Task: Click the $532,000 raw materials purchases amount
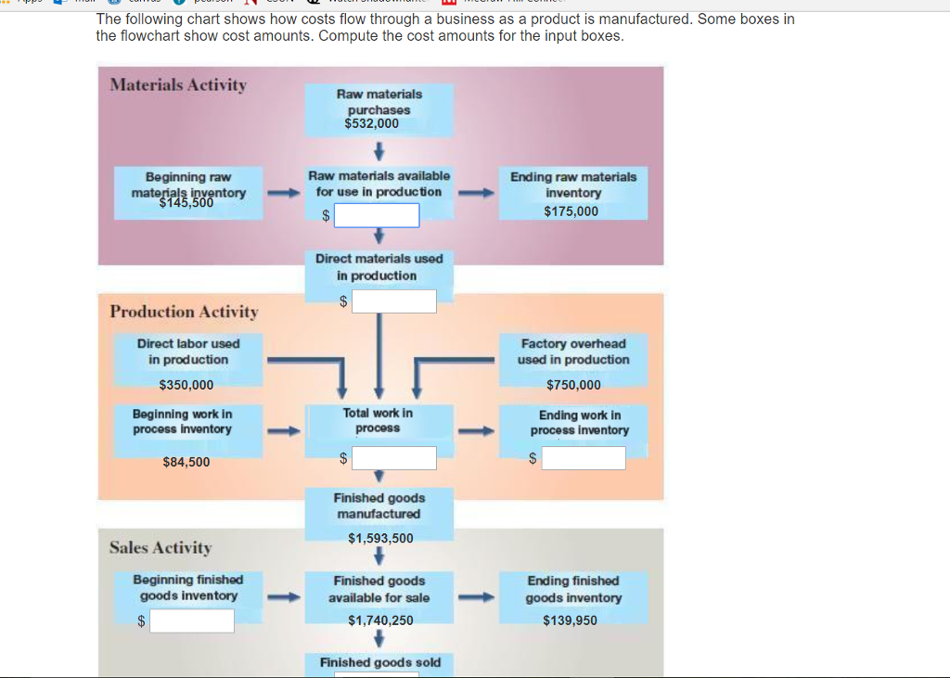(371, 123)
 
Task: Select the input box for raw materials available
(377, 215)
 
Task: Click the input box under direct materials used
(393, 301)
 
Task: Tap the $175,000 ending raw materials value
(571, 211)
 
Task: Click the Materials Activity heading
(178, 85)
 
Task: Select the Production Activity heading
(184, 312)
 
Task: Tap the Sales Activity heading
(160, 547)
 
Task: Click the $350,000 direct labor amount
(186, 385)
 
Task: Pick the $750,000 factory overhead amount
(573, 385)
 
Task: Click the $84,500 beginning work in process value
(186, 462)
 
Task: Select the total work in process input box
(393, 458)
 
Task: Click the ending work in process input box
(584, 458)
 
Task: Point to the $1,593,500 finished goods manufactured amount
(380, 538)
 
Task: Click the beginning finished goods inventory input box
(192, 620)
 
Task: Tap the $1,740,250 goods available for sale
(380, 620)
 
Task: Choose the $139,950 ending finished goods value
(571, 620)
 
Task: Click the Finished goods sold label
(380, 662)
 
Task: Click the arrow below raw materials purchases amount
(379, 149)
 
